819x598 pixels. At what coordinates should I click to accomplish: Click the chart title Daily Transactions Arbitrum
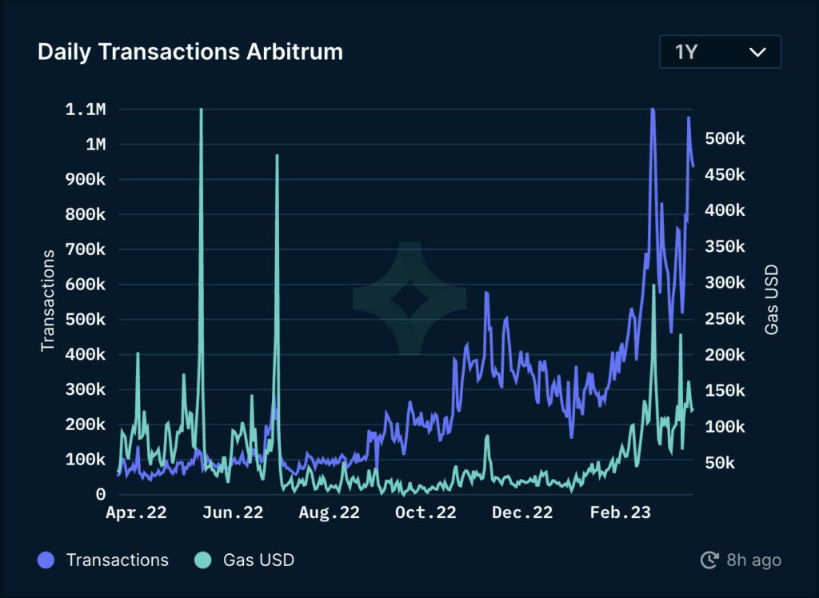(x=190, y=53)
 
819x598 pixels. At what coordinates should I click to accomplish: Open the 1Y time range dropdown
(x=720, y=53)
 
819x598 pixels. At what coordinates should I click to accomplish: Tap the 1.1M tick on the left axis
(x=86, y=110)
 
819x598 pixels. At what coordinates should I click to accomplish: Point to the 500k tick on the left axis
(x=86, y=320)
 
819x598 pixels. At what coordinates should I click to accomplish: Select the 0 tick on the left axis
(x=101, y=495)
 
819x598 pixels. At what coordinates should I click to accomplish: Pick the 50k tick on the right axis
(x=725, y=463)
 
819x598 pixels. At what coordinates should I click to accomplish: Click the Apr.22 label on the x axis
(x=136, y=513)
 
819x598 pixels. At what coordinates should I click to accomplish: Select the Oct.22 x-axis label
(x=425, y=513)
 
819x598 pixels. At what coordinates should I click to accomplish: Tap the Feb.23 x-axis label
(x=620, y=513)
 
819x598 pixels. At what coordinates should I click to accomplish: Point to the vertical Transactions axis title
(x=48, y=301)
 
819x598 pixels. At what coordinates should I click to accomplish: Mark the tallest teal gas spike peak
(x=201, y=110)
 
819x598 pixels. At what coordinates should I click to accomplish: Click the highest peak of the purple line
(x=653, y=110)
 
